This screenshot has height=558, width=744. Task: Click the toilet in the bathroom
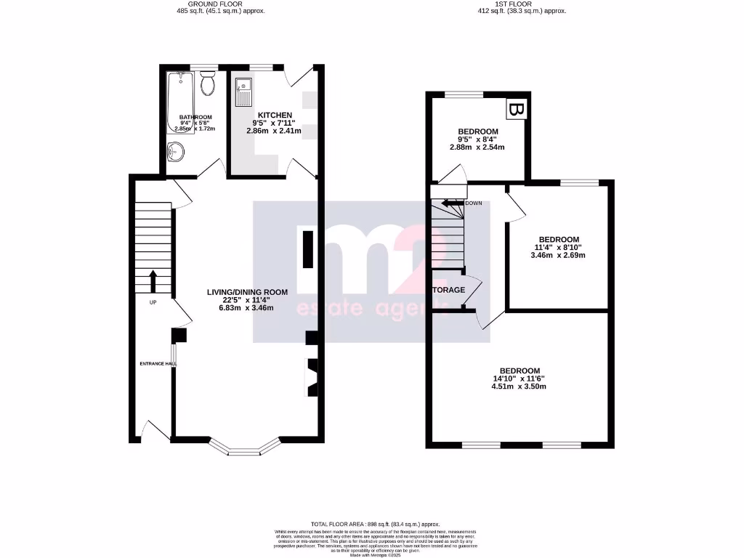(209, 84)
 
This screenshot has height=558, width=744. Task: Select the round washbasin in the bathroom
(176, 153)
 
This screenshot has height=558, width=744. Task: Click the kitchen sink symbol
(243, 93)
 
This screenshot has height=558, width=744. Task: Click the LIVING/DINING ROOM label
(247, 292)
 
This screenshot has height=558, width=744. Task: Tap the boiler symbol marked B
(516, 110)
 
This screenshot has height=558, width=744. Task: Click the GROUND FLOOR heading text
(201, 4)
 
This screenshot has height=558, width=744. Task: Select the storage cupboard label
(448, 290)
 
